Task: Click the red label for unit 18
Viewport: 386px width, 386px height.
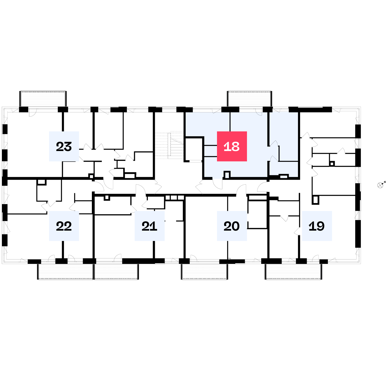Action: [x=232, y=146]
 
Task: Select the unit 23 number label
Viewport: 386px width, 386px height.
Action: [x=64, y=146]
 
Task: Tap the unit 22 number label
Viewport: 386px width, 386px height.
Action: [x=64, y=226]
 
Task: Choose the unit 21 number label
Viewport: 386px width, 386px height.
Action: [x=149, y=226]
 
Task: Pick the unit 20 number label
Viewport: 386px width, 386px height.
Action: [x=232, y=226]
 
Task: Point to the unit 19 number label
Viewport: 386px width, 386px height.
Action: [x=317, y=226]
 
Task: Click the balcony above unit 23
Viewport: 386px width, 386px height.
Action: [x=43, y=99]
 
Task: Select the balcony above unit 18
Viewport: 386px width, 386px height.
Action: [x=249, y=99]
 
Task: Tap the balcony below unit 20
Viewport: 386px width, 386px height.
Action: [x=204, y=272]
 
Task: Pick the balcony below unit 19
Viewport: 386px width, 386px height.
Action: [x=294, y=272]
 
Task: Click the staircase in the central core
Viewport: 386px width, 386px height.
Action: [x=169, y=145]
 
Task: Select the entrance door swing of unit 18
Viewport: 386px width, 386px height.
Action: [x=218, y=184]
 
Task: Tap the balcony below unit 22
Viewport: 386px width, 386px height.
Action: [x=65, y=272]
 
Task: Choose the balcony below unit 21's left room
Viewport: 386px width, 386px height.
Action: [x=116, y=272]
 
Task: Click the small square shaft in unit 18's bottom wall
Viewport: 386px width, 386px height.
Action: [x=227, y=175]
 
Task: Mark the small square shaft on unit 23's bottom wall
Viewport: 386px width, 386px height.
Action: [x=91, y=176]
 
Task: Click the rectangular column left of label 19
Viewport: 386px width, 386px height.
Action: [x=315, y=200]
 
